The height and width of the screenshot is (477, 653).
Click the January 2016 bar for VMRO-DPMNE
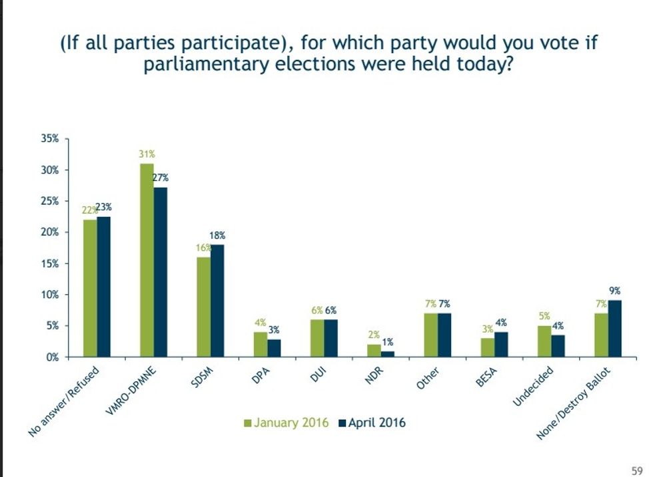pos(147,260)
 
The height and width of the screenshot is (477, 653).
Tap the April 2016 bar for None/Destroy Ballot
pos(614,329)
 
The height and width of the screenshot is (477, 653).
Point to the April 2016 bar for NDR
pos(387,354)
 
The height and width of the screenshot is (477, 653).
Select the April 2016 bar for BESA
pos(500,345)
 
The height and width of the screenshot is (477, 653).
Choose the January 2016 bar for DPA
pos(260,345)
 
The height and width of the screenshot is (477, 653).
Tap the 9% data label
pos(615,291)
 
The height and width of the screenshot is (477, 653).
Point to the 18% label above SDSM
pos(219,236)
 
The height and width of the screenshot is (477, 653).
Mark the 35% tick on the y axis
pos(52,139)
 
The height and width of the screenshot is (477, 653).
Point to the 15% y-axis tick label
pos(52,263)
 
